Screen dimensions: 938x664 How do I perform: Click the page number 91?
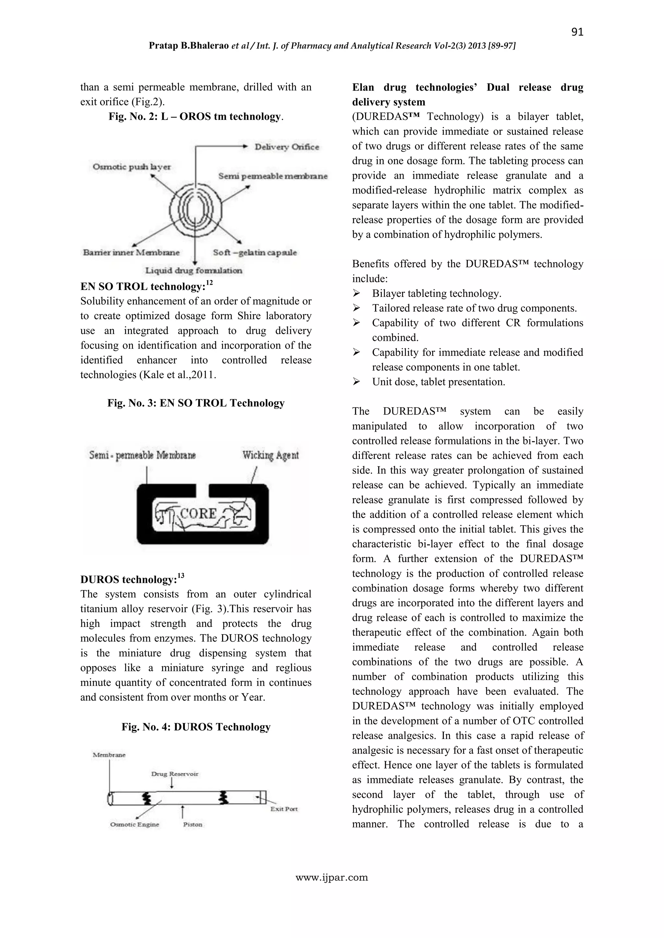click(577, 32)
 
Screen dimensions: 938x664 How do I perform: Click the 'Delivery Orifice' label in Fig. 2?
click(287, 147)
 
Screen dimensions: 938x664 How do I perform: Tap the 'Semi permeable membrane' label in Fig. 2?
click(273, 176)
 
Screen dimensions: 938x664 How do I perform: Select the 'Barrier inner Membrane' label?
click(131, 252)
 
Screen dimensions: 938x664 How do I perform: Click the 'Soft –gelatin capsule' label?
click(255, 252)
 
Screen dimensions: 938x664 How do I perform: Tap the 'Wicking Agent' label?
click(270, 455)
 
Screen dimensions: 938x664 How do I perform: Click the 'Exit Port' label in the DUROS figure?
click(284, 809)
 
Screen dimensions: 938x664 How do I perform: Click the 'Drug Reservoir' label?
click(174, 774)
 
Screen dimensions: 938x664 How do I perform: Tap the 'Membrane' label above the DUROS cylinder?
click(109, 755)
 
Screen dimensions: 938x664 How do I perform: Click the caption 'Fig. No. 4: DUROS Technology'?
click(196, 727)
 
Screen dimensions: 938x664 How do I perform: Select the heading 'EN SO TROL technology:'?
click(143, 287)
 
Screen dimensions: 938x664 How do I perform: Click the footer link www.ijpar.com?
click(332, 877)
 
